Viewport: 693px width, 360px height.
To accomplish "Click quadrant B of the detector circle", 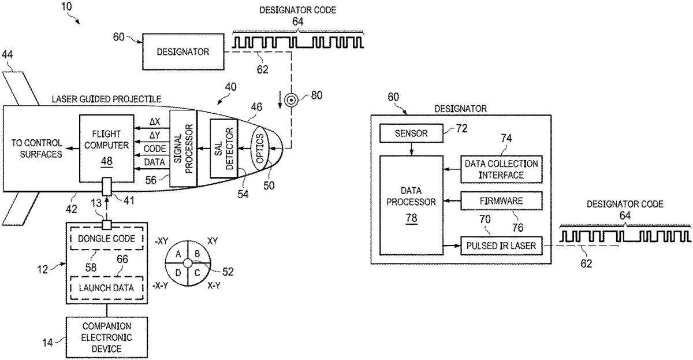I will point(197,253).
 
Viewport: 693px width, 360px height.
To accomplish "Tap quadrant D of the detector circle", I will point(178,272).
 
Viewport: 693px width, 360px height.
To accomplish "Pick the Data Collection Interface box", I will point(501,169).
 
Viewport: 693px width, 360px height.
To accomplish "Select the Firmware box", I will point(501,201).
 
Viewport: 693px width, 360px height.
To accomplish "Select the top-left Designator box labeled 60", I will point(184,52).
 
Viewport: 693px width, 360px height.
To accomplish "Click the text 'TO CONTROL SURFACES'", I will point(38,149).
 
